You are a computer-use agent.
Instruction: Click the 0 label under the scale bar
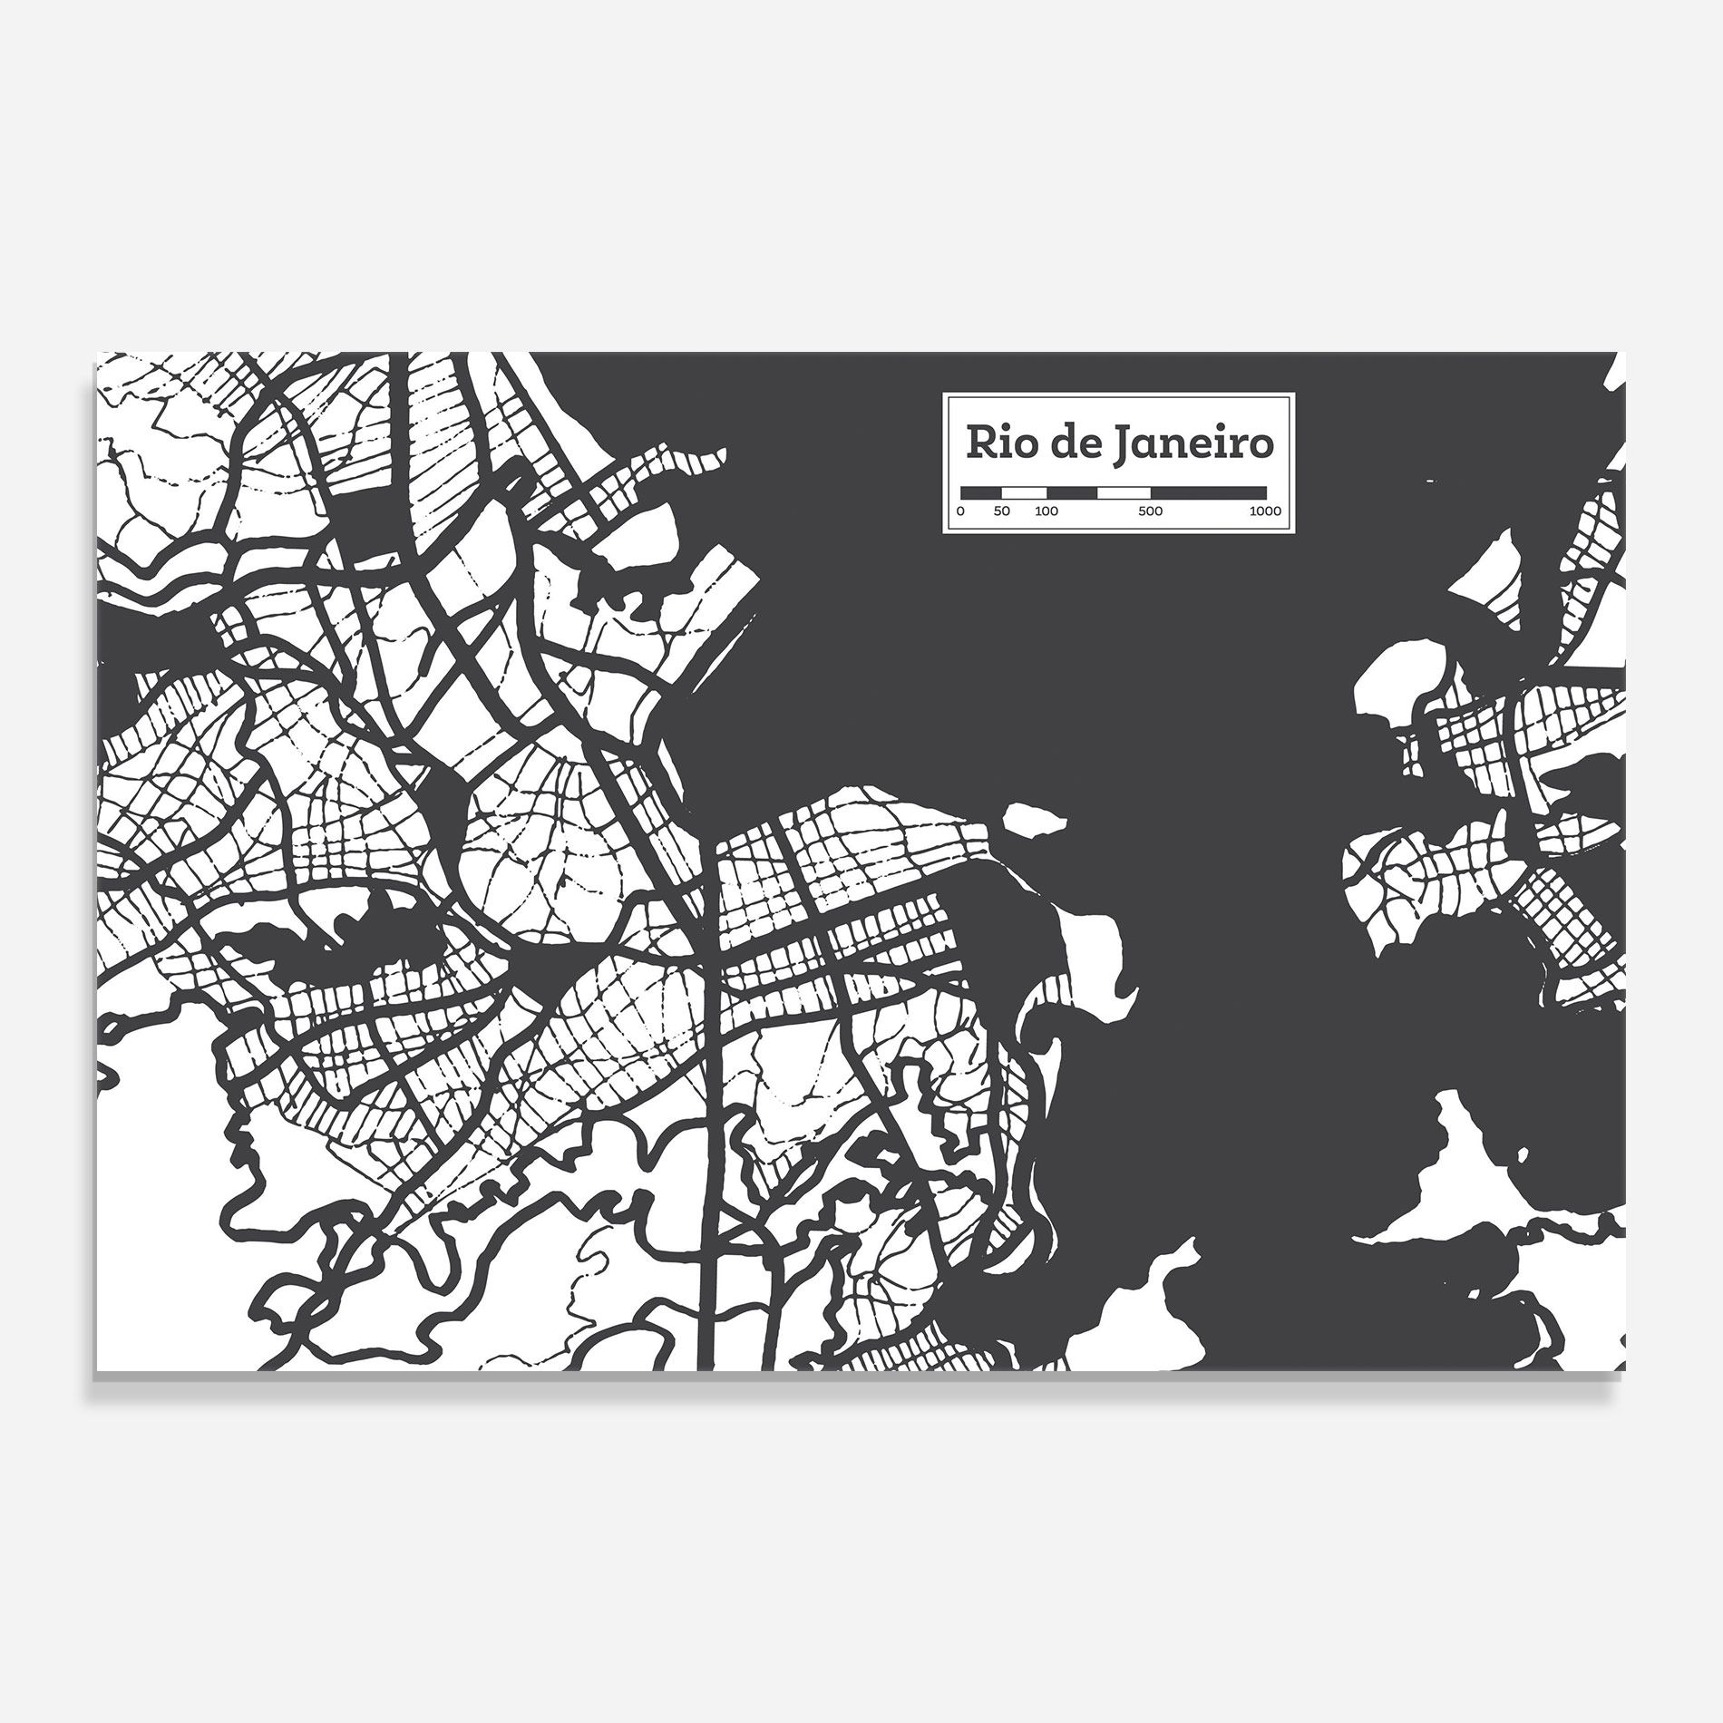pos(961,511)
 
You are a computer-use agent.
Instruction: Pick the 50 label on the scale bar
pos(1001,511)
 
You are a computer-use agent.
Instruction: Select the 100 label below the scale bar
pos(1046,511)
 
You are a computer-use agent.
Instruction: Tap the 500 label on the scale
pos(1150,511)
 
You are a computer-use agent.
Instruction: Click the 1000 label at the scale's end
pos(1264,511)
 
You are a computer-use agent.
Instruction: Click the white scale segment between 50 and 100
pos(1023,492)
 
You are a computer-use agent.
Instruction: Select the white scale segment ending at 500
pos(1124,492)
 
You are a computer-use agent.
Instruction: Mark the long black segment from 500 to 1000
pos(1208,492)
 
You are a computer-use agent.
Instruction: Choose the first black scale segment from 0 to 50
pos(980,492)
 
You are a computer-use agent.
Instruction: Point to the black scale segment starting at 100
pos(1071,492)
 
